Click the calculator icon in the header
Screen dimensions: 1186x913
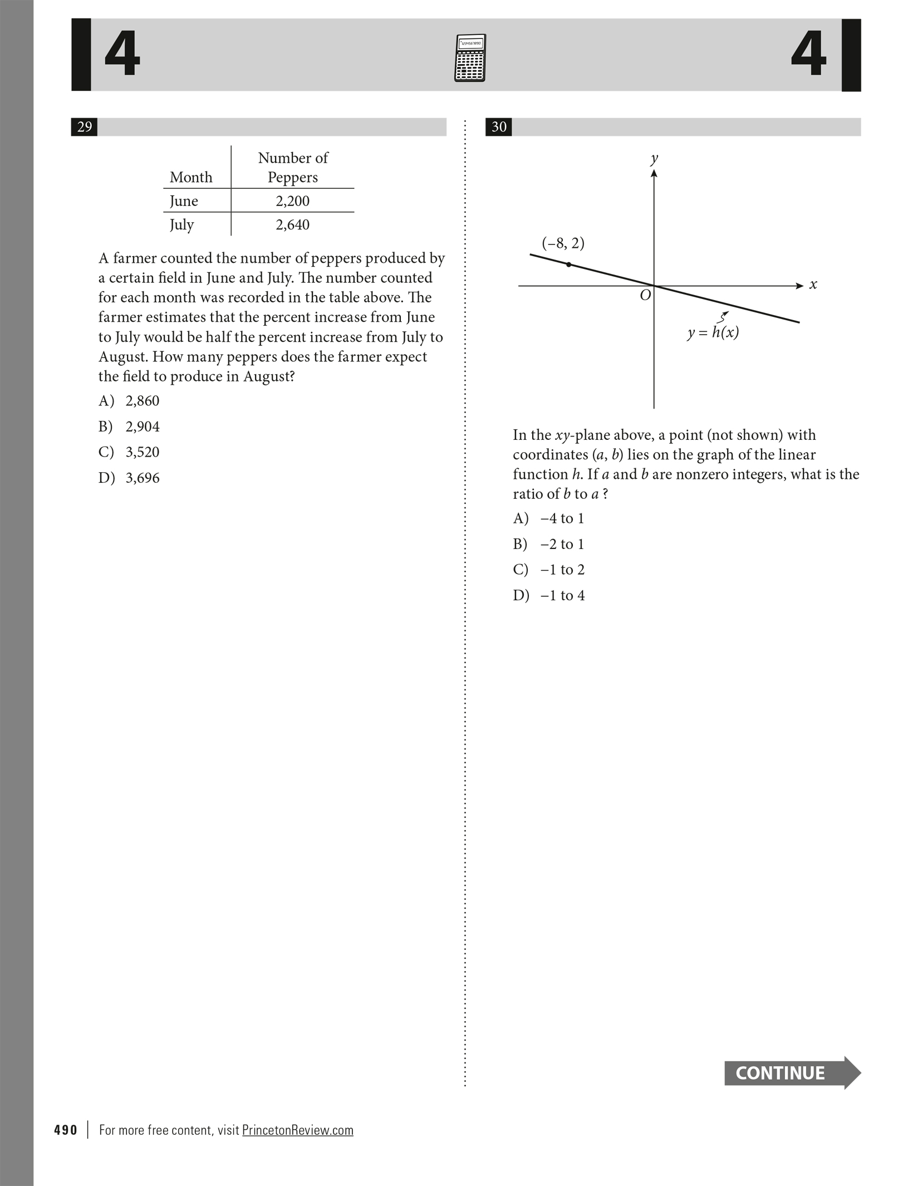tap(470, 58)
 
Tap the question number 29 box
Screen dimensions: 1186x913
tap(84, 127)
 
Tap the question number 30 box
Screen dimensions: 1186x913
tap(499, 127)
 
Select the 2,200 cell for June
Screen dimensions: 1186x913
tap(292, 201)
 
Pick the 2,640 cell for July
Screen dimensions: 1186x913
tap(292, 225)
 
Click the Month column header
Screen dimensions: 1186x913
tap(191, 177)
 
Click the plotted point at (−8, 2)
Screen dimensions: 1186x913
tap(568, 264)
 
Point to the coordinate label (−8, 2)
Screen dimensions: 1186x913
tap(563, 243)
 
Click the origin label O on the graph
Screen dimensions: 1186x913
tap(645, 296)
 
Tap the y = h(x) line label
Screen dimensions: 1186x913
tap(713, 333)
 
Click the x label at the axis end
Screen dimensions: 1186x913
tap(813, 285)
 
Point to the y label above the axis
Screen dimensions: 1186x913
tap(654, 159)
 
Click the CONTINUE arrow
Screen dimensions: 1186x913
tap(792, 1072)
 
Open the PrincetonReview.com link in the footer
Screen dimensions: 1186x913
tap(297, 1130)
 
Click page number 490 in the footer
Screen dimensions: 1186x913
tap(66, 1130)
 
